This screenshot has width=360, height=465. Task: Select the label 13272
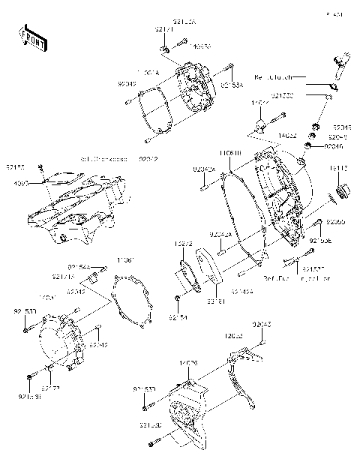(184, 244)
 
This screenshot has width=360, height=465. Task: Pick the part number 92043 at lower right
(262, 324)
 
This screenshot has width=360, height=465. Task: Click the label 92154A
(79, 266)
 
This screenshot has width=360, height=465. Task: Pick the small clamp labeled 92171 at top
(162, 49)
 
